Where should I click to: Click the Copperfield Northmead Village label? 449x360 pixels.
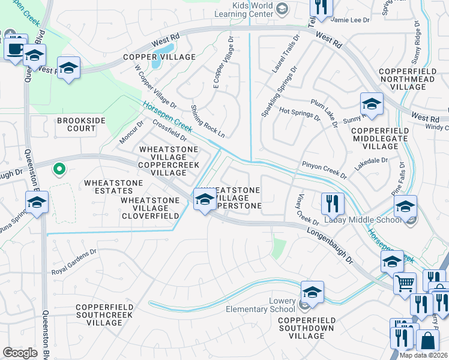point(411,79)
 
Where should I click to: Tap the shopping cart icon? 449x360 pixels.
point(405,283)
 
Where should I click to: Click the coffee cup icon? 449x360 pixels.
point(14,47)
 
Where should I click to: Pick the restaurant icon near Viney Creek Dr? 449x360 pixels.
point(331,204)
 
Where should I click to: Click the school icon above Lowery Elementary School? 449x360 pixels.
point(312,292)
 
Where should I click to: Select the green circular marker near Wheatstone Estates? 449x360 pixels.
point(58,170)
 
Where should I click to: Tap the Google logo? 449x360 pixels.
point(20,352)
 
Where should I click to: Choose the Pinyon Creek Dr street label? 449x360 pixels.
point(325,169)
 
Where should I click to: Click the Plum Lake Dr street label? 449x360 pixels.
point(324,113)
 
